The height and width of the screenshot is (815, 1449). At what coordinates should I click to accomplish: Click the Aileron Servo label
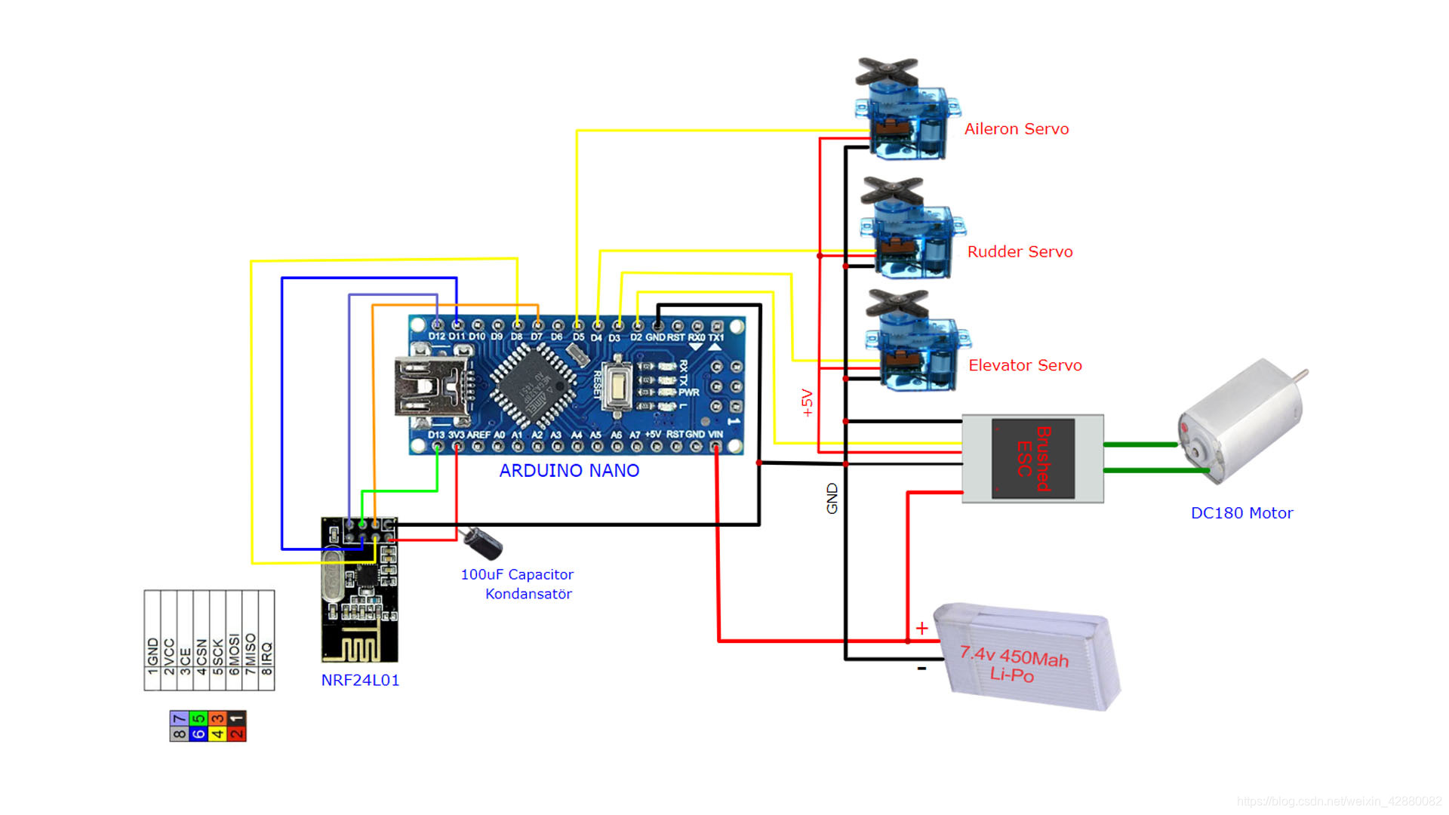[1016, 129]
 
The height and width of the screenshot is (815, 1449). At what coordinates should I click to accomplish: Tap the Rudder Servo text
[1020, 252]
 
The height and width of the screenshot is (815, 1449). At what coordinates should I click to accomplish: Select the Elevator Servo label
[1025, 365]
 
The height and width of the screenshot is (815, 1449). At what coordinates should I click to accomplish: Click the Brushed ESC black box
[1032, 458]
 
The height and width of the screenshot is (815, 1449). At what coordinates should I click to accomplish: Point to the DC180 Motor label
[1241, 513]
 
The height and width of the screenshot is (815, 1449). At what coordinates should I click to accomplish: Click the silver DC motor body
[1238, 423]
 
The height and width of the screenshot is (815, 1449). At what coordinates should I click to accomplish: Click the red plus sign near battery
[921, 628]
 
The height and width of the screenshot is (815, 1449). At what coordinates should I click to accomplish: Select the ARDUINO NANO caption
[569, 471]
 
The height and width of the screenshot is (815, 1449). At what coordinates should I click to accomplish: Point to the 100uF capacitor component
[483, 540]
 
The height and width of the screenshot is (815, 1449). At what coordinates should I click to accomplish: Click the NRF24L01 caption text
[360, 680]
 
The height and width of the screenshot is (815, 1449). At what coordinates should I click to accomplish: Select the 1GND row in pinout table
[152, 655]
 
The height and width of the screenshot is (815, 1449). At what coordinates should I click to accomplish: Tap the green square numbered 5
[198, 718]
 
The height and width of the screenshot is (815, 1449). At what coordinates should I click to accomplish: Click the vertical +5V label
[808, 403]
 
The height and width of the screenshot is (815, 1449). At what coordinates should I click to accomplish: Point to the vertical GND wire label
[832, 499]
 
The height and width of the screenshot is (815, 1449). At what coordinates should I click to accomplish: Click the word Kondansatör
[528, 594]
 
